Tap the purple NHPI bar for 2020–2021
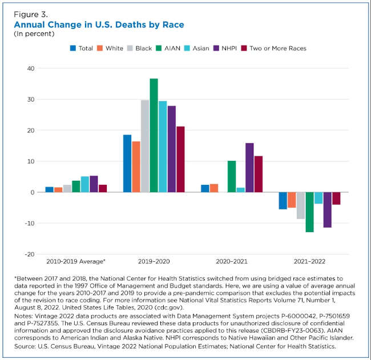pos(249,168)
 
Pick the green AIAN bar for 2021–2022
pos(309,212)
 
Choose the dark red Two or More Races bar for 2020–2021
pos(259,174)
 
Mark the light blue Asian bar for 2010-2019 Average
pos(85,184)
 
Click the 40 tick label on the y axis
pos(30,68)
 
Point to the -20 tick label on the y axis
pos(29,254)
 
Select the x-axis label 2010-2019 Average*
pos(76,261)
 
